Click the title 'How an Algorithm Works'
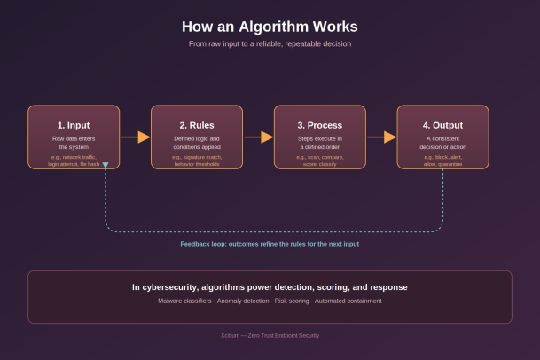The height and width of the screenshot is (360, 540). click(x=270, y=27)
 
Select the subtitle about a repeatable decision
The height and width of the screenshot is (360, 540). click(x=270, y=43)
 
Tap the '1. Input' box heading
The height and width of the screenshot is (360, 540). click(x=74, y=125)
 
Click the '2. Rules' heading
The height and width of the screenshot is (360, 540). click(x=197, y=125)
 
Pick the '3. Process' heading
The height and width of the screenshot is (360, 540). click(x=319, y=125)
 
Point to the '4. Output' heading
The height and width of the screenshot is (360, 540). click(x=442, y=125)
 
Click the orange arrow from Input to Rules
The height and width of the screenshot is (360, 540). click(x=136, y=137)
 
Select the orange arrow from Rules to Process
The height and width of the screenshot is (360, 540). click(x=259, y=137)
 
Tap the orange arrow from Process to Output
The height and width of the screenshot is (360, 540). click(x=381, y=137)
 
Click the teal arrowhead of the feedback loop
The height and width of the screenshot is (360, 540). click(x=106, y=165)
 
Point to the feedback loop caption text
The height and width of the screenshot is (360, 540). click(x=270, y=244)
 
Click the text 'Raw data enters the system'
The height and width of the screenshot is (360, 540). click(x=74, y=143)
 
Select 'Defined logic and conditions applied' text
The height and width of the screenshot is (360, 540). click(x=197, y=143)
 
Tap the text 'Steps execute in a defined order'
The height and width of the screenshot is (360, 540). click(x=319, y=143)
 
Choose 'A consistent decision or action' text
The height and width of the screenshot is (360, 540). click(x=442, y=143)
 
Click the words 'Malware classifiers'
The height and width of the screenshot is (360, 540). click(x=184, y=301)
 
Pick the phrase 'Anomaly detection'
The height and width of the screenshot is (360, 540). click(x=243, y=301)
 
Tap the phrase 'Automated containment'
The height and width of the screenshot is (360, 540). click(x=348, y=301)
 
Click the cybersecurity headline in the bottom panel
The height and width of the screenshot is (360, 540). click(x=270, y=287)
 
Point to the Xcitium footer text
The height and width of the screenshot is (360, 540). click(x=270, y=335)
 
